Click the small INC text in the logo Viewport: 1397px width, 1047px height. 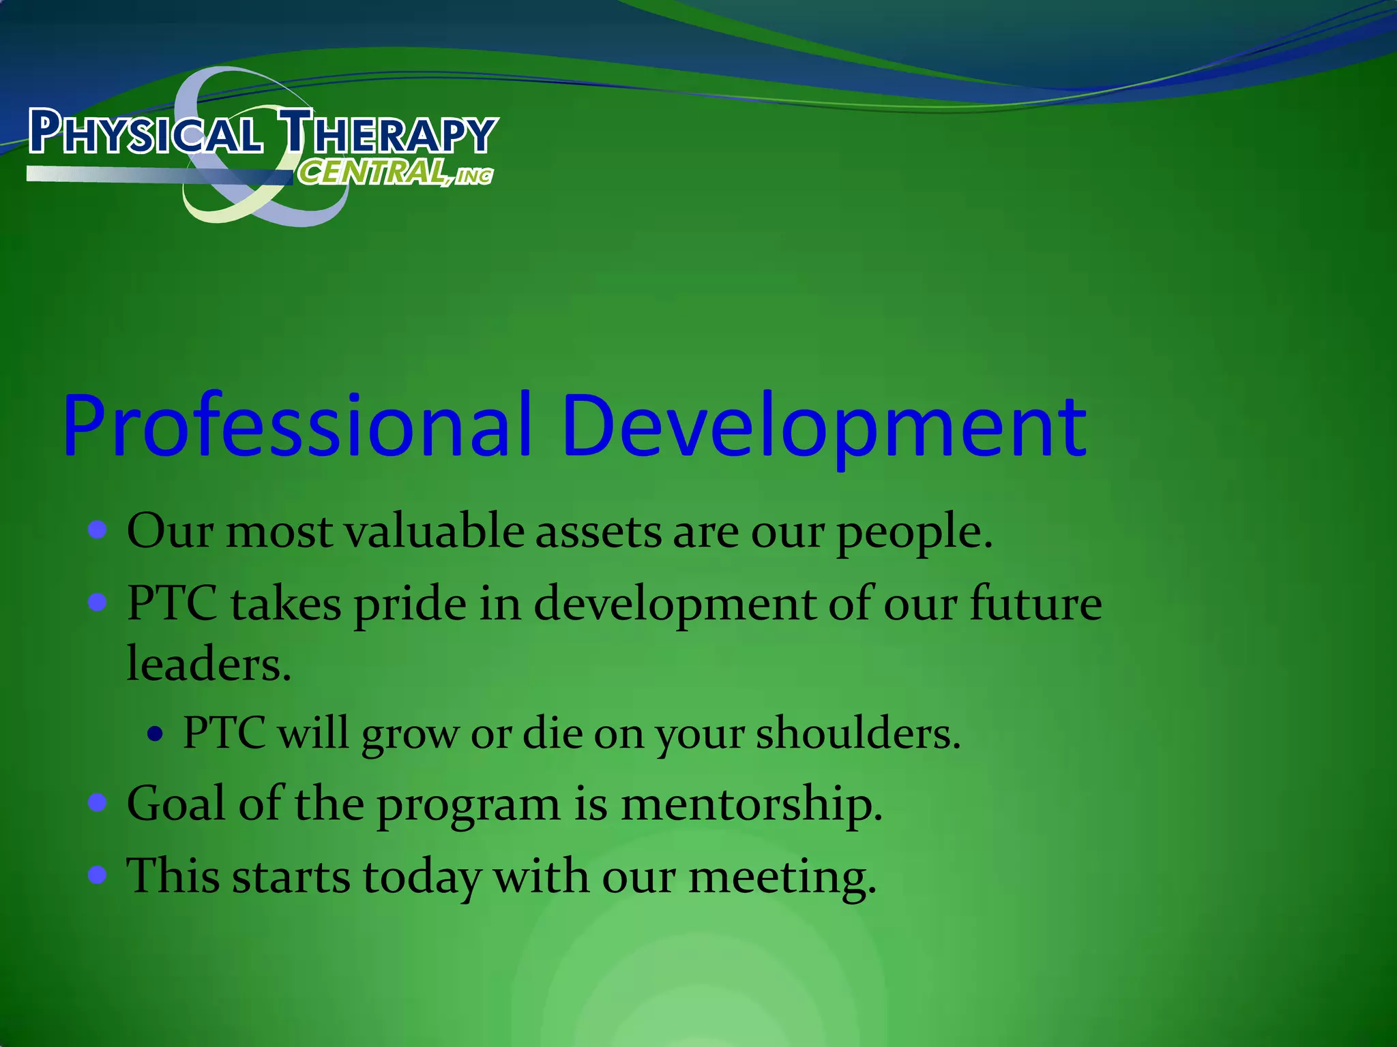pos(475,177)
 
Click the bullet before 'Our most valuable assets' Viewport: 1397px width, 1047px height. pos(98,530)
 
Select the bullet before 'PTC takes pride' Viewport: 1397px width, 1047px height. pos(98,603)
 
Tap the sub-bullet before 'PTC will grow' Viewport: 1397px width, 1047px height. pos(156,734)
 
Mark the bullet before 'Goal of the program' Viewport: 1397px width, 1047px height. pos(98,803)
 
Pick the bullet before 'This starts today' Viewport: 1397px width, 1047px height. pos(98,875)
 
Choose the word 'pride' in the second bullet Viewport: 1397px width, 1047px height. pos(410,605)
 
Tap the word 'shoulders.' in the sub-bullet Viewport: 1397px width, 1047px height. pos(859,734)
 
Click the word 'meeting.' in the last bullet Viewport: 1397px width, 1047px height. pos(782,877)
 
